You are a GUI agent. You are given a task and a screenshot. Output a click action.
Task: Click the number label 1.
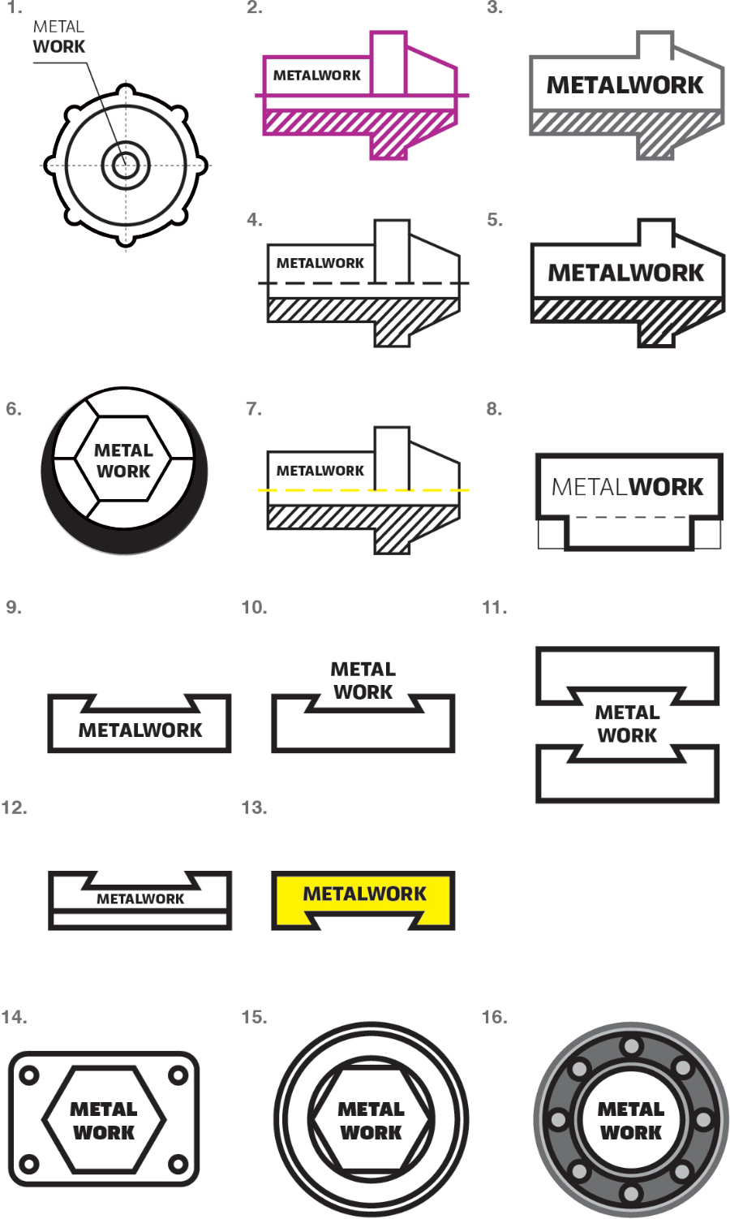tap(13, 8)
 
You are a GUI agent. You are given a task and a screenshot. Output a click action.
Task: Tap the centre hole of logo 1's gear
tap(126, 165)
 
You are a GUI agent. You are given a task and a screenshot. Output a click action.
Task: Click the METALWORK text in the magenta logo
tap(316, 75)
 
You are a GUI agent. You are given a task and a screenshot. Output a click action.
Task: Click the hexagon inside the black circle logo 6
tap(123, 460)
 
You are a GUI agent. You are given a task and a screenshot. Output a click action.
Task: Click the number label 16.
tap(494, 1017)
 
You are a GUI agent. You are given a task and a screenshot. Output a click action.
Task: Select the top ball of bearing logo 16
tap(631, 1045)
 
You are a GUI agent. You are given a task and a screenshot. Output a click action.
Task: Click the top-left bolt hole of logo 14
tap(29, 1076)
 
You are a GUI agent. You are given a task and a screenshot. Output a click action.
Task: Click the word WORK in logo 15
tap(371, 1132)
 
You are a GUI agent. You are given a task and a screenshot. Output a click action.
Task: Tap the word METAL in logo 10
tap(363, 670)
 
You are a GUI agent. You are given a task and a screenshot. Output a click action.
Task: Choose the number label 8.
tap(494, 409)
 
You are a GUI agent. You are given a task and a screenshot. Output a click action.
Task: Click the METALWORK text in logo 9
tap(140, 730)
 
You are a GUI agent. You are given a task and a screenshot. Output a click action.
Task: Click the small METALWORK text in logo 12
tap(140, 898)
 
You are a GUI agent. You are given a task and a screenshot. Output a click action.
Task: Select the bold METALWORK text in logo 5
tap(626, 273)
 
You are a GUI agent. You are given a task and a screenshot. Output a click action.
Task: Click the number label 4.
tap(254, 220)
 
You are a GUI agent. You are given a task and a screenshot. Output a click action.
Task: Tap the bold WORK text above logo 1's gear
tap(59, 47)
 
